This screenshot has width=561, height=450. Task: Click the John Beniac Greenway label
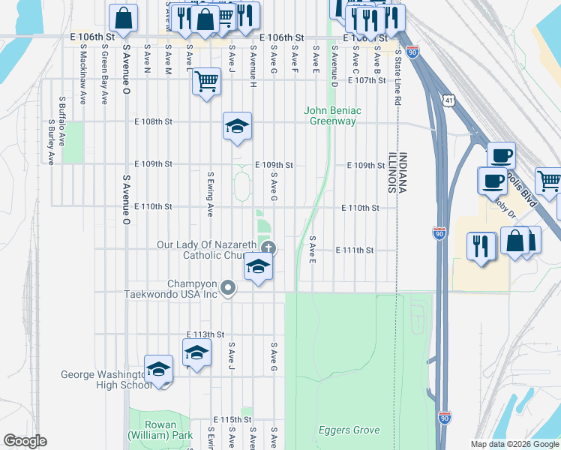(332, 115)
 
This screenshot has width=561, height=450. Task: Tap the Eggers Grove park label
(349, 430)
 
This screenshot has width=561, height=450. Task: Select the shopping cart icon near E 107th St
(206, 80)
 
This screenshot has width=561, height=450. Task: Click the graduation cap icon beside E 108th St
(237, 125)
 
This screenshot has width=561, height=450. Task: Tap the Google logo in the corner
(25, 441)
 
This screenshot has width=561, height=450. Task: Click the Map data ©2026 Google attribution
(514, 444)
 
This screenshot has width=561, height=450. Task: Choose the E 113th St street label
(205, 334)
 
